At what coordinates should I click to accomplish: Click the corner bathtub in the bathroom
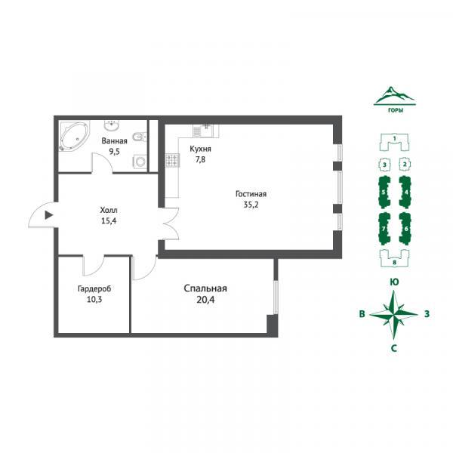pyautogui.click(x=75, y=137)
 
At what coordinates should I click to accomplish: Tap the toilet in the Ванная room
pyautogui.click(x=140, y=137)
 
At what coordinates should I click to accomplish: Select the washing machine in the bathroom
pyautogui.click(x=140, y=162)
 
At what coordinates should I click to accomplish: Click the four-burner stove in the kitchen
pyautogui.click(x=172, y=160)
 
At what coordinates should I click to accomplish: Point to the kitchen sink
pyautogui.click(x=203, y=131)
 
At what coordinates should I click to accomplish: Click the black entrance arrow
pyautogui.click(x=49, y=215)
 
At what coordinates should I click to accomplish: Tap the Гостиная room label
pyautogui.click(x=251, y=194)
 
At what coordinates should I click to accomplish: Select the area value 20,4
pyautogui.click(x=205, y=300)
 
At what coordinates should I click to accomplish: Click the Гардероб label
pyautogui.click(x=94, y=288)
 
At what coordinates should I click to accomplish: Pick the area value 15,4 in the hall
pyautogui.click(x=109, y=221)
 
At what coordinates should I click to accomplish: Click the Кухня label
pyautogui.click(x=200, y=149)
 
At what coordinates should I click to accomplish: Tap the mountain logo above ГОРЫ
pyautogui.click(x=394, y=96)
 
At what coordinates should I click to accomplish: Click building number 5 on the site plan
pyautogui.click(x=384, y=192)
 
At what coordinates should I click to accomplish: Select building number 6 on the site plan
pyautogui.click(x=405, y=229)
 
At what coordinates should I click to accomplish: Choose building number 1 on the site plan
pyautogui.click(x=394, y=142)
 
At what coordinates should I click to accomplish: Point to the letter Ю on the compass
pyautogui.click(x=394, y=282)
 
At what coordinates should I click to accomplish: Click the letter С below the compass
pyautogui.click(x=394, y=348)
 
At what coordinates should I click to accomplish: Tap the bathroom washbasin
pyautogui.click(x=111, y=125)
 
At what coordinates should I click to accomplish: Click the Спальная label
pyautogui.click(x=205, y=288)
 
